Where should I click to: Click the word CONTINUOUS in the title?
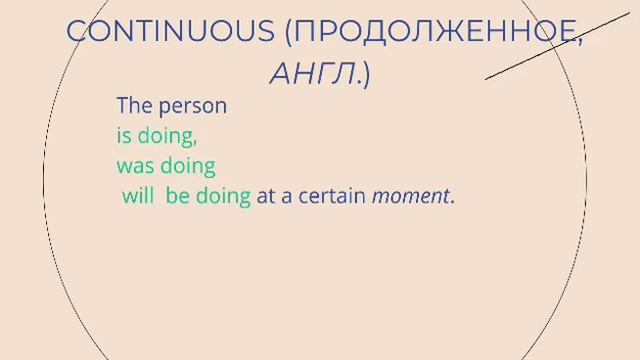click(170, 31)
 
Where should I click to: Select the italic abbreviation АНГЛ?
click(313, 72)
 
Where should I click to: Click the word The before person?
click(135, 105)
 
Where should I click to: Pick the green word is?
click(125, 135)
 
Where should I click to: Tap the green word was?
click(135, 166)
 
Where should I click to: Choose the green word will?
click(138, 196)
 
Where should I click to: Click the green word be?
click(177, 196)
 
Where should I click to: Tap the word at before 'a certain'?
click(265, 197)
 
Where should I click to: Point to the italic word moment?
click(410, 197)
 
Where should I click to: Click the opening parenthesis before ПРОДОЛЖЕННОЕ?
click(290, 32)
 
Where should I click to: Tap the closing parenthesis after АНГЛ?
click(365, 73)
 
